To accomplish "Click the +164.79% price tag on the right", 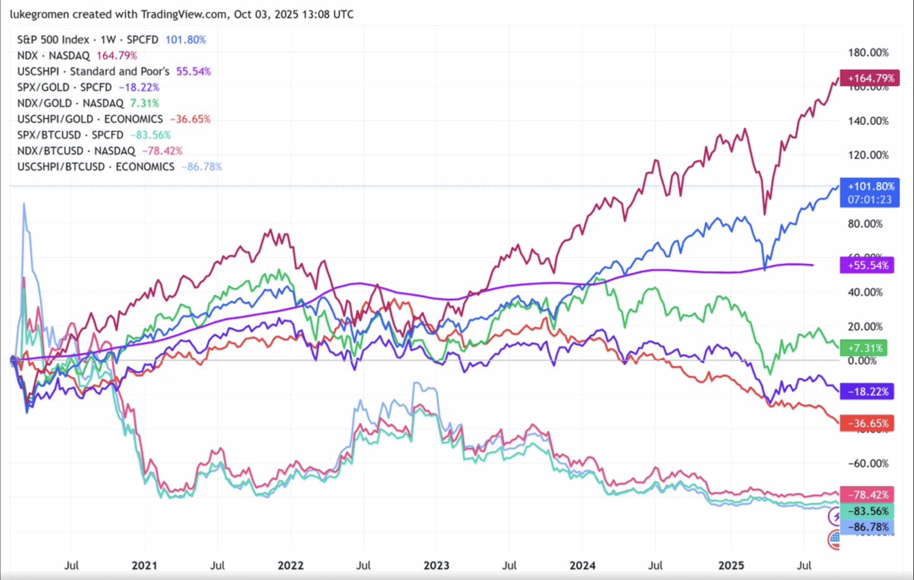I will coord(869,78).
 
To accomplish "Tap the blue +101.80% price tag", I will coord(869,192).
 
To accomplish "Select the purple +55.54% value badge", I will coord(867,265).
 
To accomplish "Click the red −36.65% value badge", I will coord(867,423).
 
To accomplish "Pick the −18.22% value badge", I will coord(867,392).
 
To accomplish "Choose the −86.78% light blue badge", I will coord(867,527).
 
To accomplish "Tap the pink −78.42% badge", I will coord(867,495).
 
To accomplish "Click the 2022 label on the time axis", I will coord(290,566).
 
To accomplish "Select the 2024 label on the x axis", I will coord(582,566).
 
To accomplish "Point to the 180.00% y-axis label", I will coord(868,52).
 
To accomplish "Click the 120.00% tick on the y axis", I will coord(868,155).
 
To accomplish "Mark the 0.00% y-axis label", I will coord(862,361).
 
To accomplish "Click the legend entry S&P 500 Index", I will coord(53,40).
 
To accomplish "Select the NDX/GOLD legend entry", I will coord(44,103).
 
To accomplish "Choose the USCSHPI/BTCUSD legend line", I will coord(61,167).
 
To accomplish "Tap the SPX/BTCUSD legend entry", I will coord(49,135).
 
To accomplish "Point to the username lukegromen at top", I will coord(40,14).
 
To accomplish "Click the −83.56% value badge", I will coord(867,511).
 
